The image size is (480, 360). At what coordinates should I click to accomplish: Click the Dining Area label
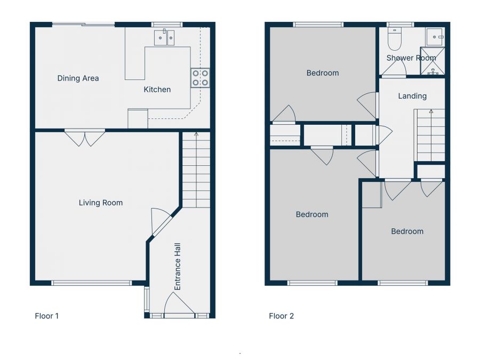tap(78, 78)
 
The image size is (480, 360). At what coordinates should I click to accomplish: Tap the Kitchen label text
tap(157, 90)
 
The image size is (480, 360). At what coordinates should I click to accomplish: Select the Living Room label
tap(101, 203)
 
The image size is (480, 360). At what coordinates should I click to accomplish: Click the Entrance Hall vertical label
tap(178, 267)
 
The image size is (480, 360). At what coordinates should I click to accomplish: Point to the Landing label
tap(412, 96)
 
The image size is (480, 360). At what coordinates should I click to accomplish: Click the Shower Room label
tap(411, 58)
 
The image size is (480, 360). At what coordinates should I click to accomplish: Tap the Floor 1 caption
tap(47, 316)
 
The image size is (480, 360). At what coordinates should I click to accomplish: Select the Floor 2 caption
tap(281, 316)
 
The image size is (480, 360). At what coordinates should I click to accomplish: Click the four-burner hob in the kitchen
tap(200, 78)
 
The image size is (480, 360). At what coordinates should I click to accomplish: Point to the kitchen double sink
tap(164, 37)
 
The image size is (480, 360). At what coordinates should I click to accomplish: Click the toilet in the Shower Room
tap(394, 40)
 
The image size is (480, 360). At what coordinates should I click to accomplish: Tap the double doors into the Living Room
tap(85, 138)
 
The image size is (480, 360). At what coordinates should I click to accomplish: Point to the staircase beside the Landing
tap(429, 134)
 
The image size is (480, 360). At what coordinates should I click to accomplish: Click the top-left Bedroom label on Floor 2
tap(322, 73)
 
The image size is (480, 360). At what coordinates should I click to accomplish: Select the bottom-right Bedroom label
tap(407, 231)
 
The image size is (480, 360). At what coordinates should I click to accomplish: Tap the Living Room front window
tap(91, 283)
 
